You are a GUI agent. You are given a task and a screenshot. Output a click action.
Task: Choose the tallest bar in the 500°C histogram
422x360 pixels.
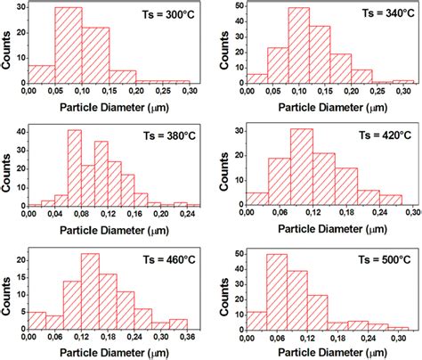tap(277, 293)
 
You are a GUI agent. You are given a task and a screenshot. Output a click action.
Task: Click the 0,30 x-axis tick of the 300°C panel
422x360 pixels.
tap(190, 91)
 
